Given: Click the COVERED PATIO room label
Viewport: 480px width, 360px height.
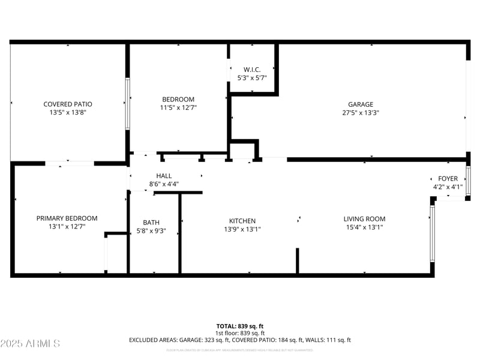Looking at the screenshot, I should pyautogui.click(x=67, y=104).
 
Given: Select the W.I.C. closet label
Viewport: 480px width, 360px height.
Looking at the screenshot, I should pyautogui.click(x=251, y=70).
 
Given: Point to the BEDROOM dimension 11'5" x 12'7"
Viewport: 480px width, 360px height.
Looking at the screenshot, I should pyautogui.click(x=178, y=107).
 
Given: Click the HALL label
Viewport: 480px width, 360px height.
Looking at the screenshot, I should pyautogui.click(x=164, y=176).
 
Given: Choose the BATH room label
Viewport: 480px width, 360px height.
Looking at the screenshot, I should pyautogui.click(x=151, y=223).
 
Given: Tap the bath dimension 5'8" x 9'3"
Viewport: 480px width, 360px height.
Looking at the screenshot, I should pyautogui.click(x=151, y=230).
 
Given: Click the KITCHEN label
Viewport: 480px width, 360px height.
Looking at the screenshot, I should pyautogui.click(x=242, y=221).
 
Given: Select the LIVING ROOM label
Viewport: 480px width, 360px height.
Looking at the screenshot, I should pyautogui.click(x=364, y=219).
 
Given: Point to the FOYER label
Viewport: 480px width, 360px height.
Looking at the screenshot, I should pyautogui.click(x=448, y=179).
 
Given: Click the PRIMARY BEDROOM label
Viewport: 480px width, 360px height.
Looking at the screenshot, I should pyautogui.click(x=67, y=218).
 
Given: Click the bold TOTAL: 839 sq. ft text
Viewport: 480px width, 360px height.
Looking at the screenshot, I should pyautogui.click(x=240, y=326).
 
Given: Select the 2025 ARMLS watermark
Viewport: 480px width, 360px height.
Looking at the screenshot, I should pyautogui.click(x=30, y=343).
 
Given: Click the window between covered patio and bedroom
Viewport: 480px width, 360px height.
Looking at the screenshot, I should pyautogui.click(x=127, y=103).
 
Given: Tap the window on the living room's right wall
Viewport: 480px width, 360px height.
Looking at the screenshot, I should pyautogui.click(x=432, y=233).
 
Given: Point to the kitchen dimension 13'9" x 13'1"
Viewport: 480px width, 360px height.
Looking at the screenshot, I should pyautogui.click(x=242, y=229).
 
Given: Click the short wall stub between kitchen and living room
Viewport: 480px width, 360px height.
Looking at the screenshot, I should pyautogui.click(x=297, y=260).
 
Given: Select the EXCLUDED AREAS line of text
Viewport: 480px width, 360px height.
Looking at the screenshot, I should pyautogui.click(x=240, y=340).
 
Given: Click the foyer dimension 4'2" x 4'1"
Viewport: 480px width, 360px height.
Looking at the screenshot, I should pyautogui.click(x=448, y=187).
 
